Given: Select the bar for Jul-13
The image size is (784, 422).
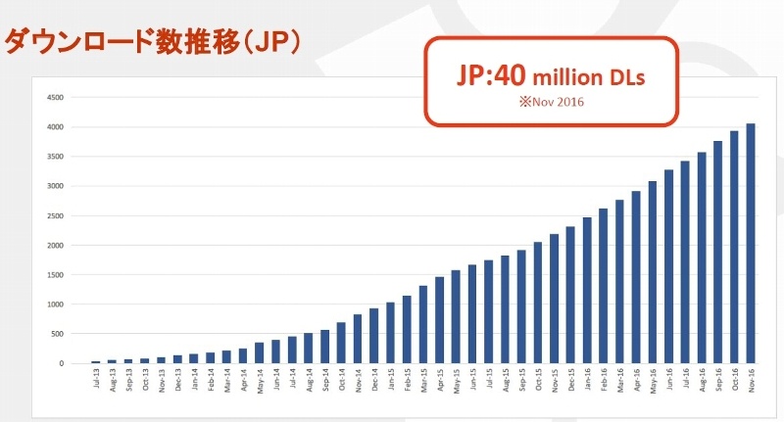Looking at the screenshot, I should click(95, 361).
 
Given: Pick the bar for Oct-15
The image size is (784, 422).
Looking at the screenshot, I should click(537, 303).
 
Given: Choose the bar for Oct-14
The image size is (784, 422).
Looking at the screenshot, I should click(341, 343).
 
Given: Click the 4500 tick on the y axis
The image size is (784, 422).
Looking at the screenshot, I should click(55, 97).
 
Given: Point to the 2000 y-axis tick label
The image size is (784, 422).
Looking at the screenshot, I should click(55, 245).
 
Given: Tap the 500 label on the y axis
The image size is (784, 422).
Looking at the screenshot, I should click(57, 334).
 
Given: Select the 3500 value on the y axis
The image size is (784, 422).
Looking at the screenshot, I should click(55, 156).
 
